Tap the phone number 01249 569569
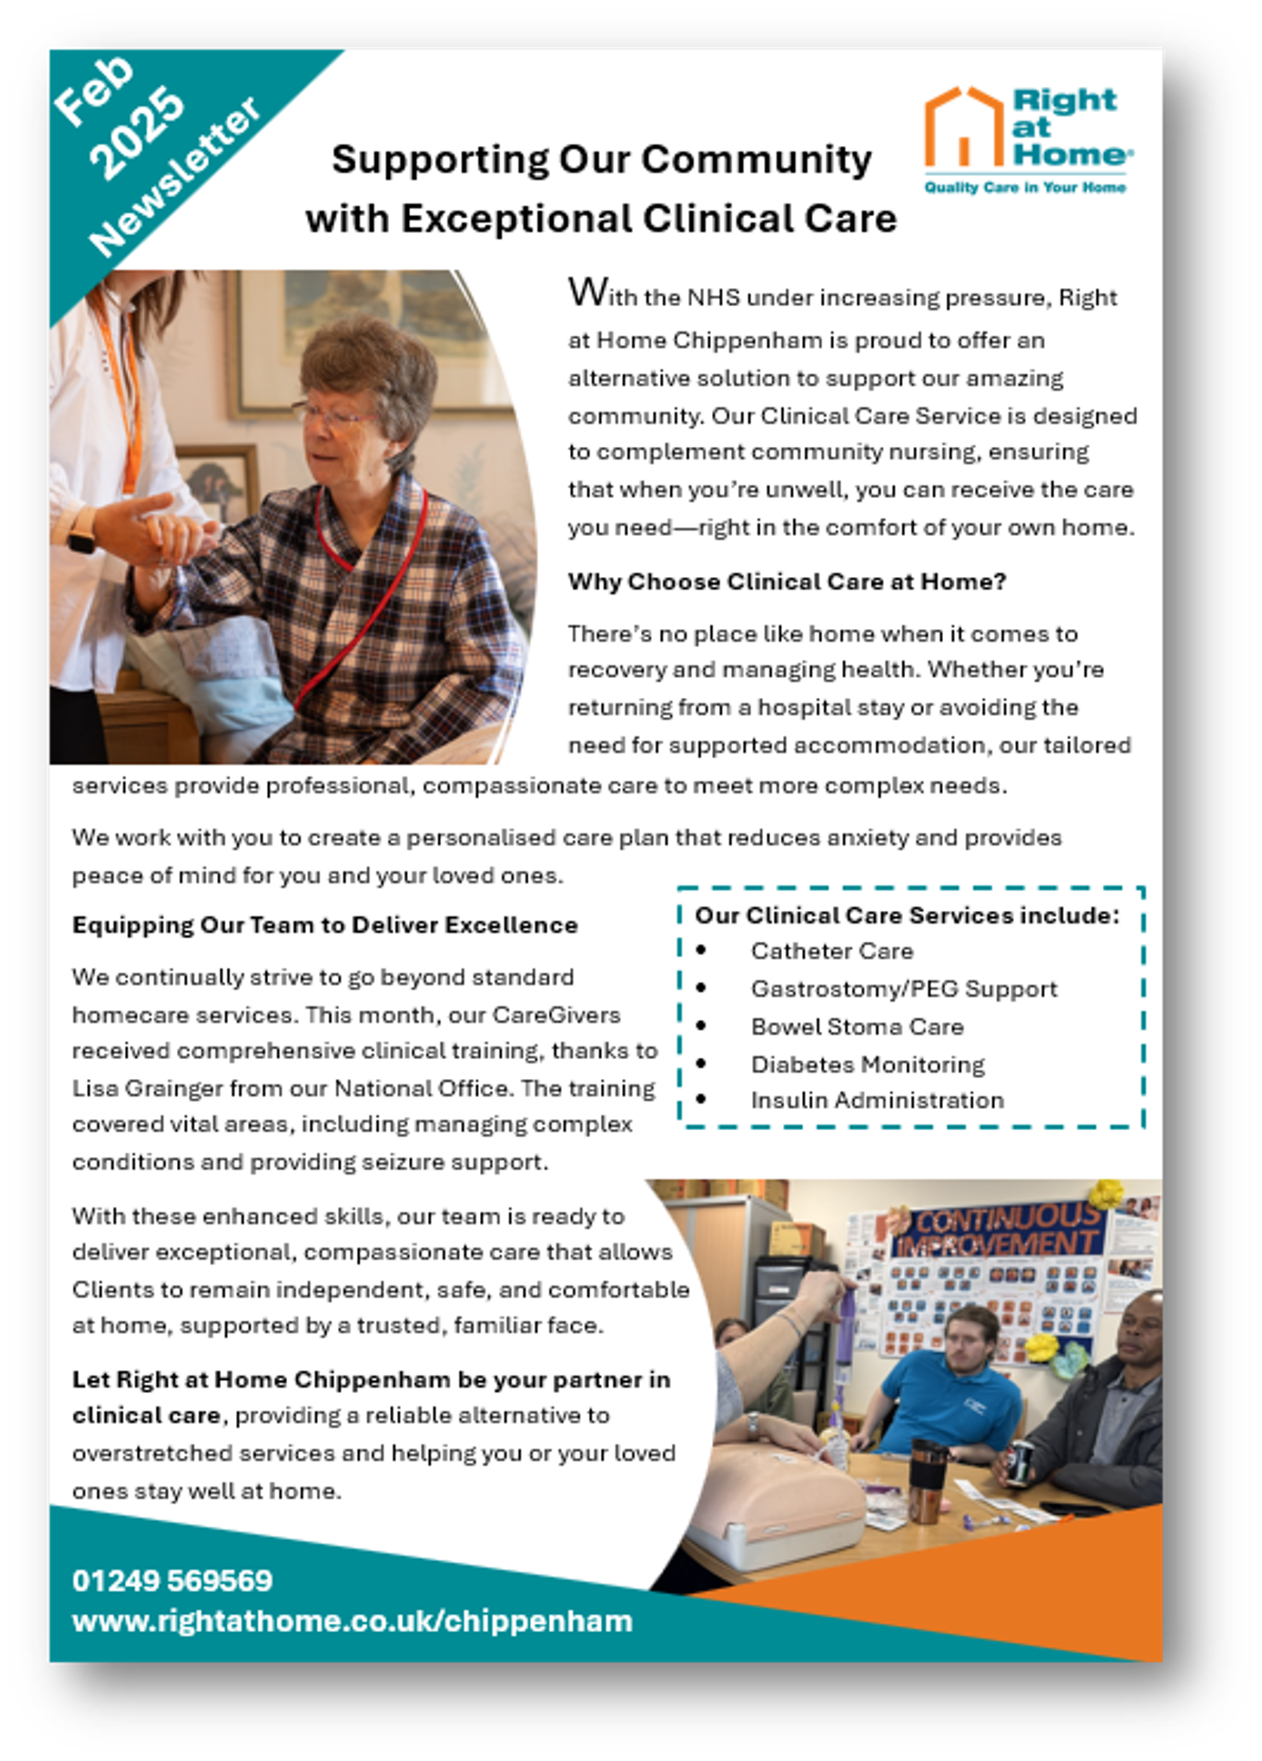[172, 1581]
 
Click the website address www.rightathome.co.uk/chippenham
[352, 1621]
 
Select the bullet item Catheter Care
[831, 951]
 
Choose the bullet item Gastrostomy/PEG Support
[903, 989]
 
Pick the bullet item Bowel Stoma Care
[856, 1026]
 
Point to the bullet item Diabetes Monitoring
[868, 1064]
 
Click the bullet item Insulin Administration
[877, 1100]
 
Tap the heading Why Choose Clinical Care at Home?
[787, 582]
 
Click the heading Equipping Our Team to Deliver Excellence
[325, 925]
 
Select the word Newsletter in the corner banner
[175, 177]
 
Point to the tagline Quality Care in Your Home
[1024, 187]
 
